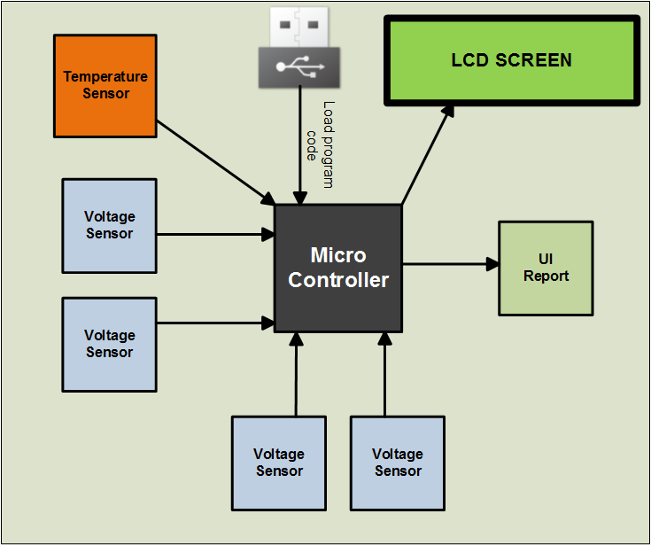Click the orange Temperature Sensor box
[x=105, y=86]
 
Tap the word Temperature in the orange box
[x=105, y=77]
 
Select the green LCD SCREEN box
[x=511, y=61]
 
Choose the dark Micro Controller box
[x=338, y=269]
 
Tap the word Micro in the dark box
[x=338, y=256]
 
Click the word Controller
[x=338, y=281]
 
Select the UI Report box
[x=546, y=268]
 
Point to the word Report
[x=546, y=276]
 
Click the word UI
[x=546, y=259]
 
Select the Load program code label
[x=320, y=144]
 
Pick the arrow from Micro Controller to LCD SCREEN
[x=427, y=156]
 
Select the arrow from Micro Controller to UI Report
[x=447, y=264]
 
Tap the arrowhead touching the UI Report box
[x=492, y=264]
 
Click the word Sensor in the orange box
[x=106, y=94]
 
